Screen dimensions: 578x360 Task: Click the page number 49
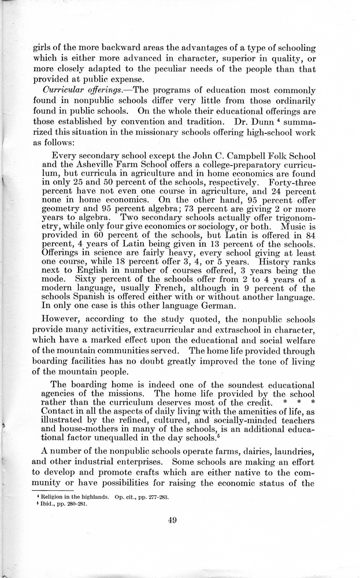click(172, 520)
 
